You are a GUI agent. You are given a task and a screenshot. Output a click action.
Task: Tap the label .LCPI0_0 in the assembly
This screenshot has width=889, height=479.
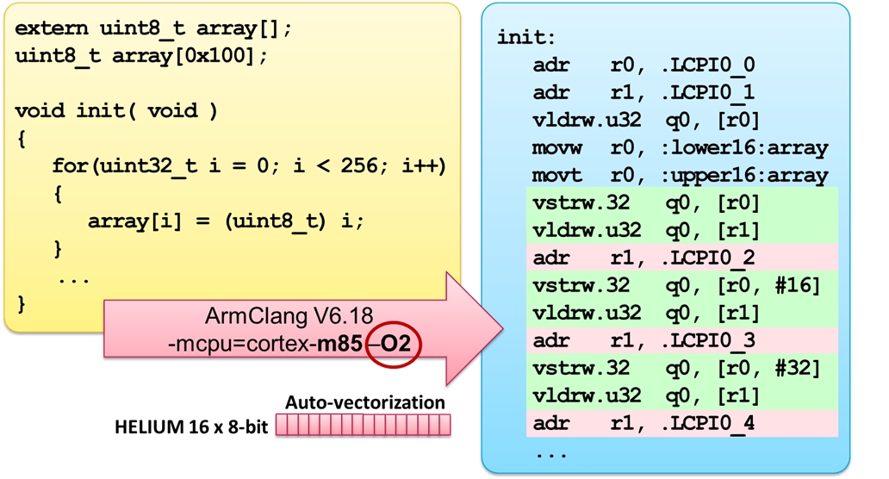point(708,65)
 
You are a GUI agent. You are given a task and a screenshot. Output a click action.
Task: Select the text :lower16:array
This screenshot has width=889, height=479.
point(744,148)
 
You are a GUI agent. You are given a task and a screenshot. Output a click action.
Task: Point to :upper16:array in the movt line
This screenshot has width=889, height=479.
point(744,176)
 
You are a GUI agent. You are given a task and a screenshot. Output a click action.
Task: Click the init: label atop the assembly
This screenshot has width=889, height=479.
point(526,37)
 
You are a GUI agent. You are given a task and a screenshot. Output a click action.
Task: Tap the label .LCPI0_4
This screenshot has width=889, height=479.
point(708,424)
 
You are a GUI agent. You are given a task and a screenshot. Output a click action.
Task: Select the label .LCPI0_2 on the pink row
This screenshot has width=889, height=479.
point(708,258)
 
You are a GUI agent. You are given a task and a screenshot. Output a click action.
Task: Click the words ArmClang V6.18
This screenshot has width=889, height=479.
point(289,315)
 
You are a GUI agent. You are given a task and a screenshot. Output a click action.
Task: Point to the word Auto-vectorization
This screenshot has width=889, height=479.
point(365,402)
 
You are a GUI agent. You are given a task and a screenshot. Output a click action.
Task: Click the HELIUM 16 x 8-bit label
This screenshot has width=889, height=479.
point(191,426)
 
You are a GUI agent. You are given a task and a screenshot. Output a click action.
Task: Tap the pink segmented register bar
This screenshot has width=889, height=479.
point(364,425)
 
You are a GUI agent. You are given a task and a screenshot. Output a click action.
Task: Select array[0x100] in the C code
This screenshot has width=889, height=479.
point(183,56)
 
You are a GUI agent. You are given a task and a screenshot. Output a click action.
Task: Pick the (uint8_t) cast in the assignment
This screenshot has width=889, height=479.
point(276,221)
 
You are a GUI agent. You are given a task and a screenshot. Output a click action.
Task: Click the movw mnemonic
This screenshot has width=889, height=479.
point(557,148)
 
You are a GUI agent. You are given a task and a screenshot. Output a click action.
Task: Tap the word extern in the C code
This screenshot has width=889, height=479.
point(52,29)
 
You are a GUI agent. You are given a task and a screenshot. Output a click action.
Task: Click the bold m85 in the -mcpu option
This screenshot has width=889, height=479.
point(339,344)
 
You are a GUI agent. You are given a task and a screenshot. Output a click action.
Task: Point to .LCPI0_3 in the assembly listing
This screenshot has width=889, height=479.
point(708,340)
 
